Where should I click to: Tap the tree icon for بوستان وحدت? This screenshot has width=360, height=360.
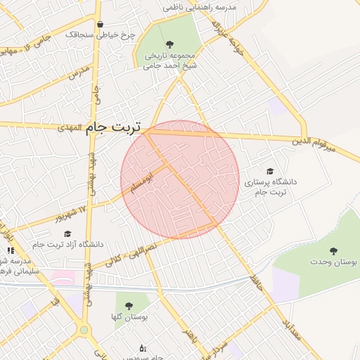pos(333,250)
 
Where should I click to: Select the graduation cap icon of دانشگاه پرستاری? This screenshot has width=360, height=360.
pos(270,171)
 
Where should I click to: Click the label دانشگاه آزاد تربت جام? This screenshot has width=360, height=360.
pos(67,244)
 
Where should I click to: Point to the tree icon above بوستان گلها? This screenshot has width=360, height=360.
pos(128,306)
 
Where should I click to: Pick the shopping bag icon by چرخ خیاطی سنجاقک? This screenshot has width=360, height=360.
pos(100,24)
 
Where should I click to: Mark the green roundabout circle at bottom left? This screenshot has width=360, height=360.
pos(84,329)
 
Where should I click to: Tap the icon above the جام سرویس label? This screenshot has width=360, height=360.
pos(143,347)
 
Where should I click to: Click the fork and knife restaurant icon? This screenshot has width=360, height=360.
pos(10,250)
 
